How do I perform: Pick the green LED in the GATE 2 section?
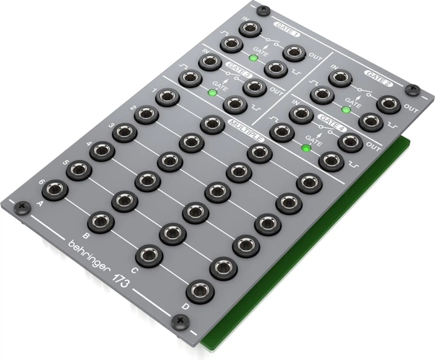tap(346, 109)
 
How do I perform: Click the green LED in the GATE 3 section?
tap(212, 93)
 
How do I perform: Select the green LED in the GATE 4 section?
tap(306, 147)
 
